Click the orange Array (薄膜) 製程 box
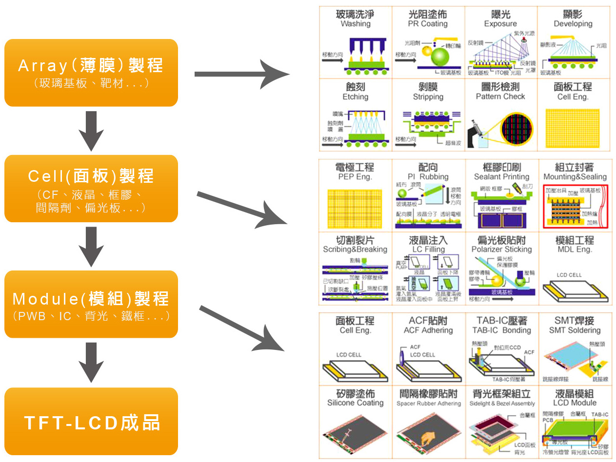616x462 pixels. (x=91, y=73)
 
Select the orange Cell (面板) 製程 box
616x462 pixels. (x=91, y=189)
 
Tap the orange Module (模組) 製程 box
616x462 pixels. (x=91, y=305)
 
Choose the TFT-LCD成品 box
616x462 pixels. (x=91, y=422)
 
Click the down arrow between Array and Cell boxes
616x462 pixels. (x=91, y=131)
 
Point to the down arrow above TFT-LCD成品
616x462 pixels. (x=91, y=362)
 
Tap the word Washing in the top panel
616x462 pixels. (x=356, y=24)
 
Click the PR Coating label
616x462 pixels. (x=428, y=24)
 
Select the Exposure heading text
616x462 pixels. (x=500, y=24)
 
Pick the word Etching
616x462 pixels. (x=356, y=97)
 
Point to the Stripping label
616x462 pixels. (x=428, y=97)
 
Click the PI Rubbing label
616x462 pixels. (x=428, y=177)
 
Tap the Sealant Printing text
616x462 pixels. (x=501, y=177)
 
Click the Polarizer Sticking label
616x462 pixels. (x=501, y=250)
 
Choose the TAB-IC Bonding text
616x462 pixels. (x=501, y=330)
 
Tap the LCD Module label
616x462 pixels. (x=575, y=403)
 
